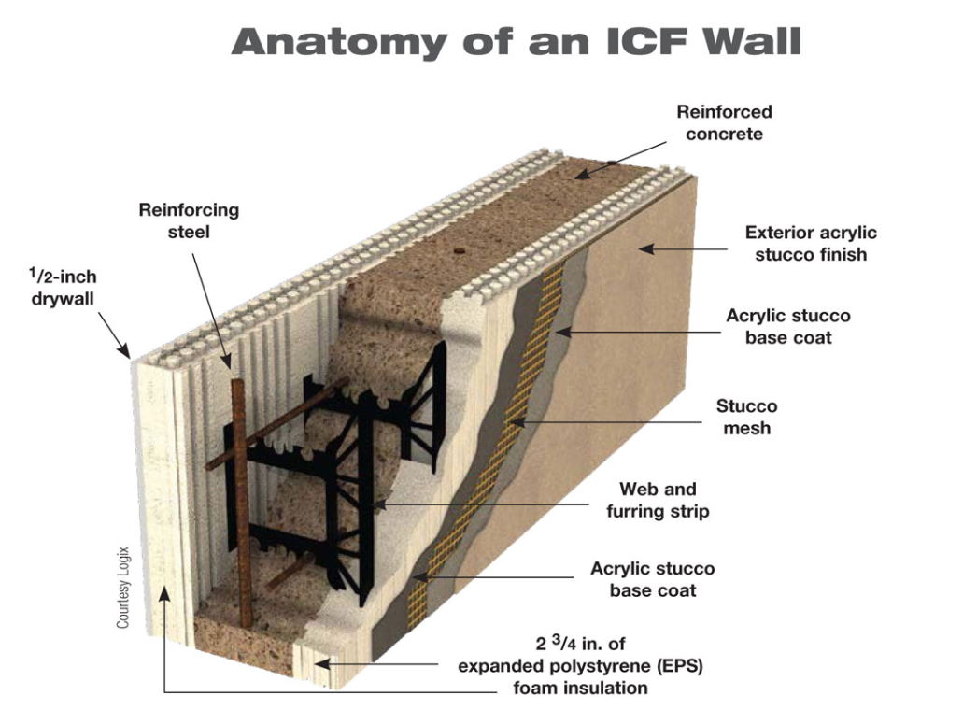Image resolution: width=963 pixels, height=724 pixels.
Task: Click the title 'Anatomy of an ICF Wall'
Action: (x=516, y=42)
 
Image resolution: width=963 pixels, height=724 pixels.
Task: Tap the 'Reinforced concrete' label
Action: (x=724, y=122)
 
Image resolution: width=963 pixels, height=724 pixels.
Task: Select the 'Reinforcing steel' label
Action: (x=189, y=220)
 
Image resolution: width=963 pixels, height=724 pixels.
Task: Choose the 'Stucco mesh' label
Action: (x=746, y=417)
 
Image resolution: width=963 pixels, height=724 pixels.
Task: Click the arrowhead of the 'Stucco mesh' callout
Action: (x=515, y=424)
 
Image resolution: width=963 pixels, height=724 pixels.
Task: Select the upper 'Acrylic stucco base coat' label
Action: (x=788, y=325)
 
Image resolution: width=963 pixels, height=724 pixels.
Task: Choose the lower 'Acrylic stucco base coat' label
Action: (x=652, y=579)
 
